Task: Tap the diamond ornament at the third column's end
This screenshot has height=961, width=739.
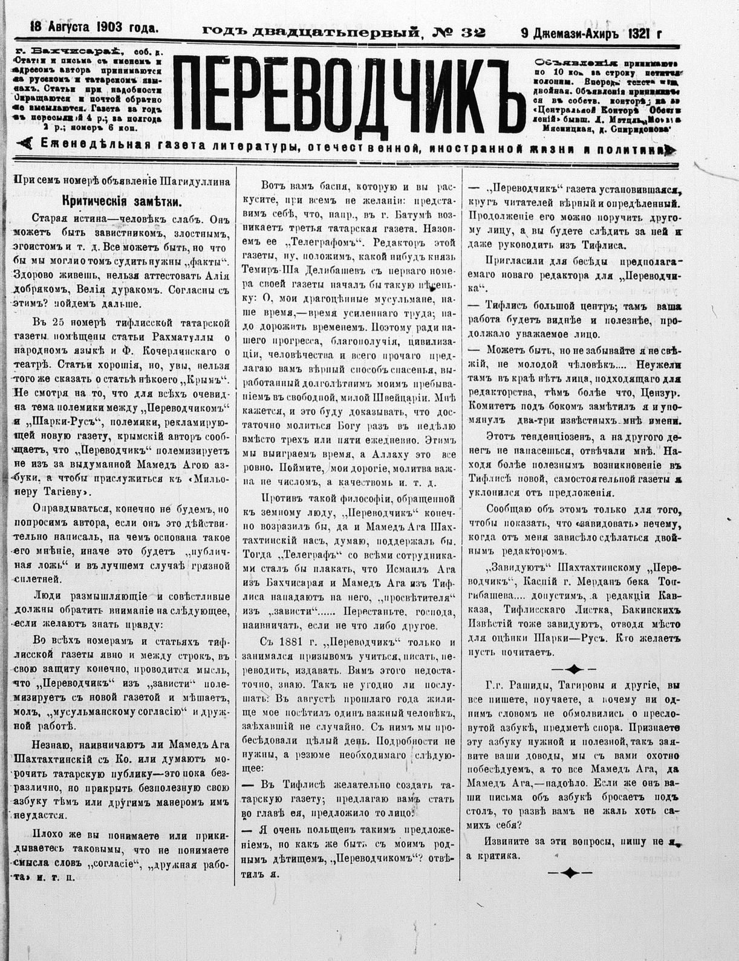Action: point(570,872)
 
